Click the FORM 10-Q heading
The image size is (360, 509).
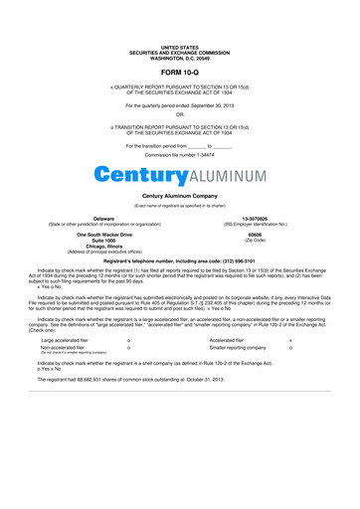(180, 74)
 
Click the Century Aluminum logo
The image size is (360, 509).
(180, 176)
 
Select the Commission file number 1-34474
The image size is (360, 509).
(180, 157)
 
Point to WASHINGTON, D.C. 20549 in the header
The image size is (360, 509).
(180, 59)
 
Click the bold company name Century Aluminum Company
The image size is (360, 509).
(180, 196)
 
